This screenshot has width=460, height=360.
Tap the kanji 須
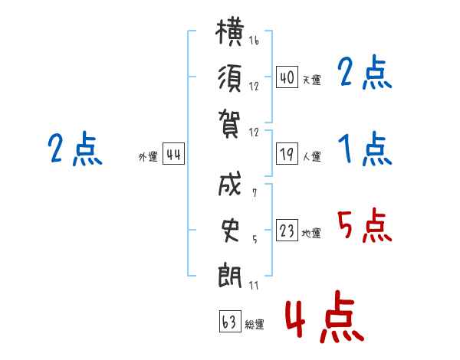[x=230, y=78]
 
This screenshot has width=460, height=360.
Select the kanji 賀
[x=230, y=121]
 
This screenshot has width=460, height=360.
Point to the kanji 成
[x=230, y=187]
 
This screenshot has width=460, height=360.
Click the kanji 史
[x=230, y=230]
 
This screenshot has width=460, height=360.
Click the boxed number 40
[x=287, y=78]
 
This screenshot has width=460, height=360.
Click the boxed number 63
[x=229, y=322]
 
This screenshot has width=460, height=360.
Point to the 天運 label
[x=311, y=80]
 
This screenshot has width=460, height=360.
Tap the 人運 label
[x=311, y=157]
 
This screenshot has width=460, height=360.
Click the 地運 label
[x=311, y=234]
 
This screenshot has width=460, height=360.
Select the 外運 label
[x=148, y=157]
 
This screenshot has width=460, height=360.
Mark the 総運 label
[x=255, y=324]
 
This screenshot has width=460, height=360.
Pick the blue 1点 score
[x=363, y=149]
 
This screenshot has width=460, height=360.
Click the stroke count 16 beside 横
[x=254, y=41]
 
